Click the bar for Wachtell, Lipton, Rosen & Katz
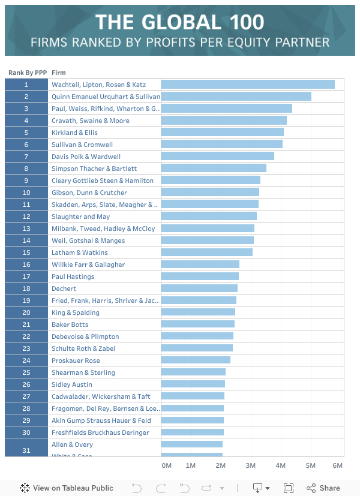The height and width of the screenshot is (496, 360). pyautogui.click(x=248, y=85)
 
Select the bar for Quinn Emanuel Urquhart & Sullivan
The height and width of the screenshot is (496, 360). pyautogui.click(x=236, y=97)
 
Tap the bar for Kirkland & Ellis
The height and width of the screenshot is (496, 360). pyautogui.click(x=222, y=133)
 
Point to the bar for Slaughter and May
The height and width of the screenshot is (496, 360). pyautogui.click(x=209, y=217)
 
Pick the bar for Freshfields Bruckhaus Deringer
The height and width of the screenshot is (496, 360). pyautogui.click(x=192, y=432)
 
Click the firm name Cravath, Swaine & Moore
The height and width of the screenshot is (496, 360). pyautogui.click(x=91, y=121)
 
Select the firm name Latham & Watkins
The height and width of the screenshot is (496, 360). pyautogui.click(x=80, y=252)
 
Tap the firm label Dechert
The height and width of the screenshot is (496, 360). pyautogui.click(x=64, y=288)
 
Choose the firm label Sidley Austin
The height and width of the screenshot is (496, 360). pyautogui.click(x=71, y=384)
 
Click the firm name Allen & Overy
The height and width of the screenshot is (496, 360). pyautogui.click(x=72, y=444)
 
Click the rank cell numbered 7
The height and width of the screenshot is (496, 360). pyautogui.click(x=26, y=157)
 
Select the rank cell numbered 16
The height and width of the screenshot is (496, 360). pyautogui.click(x=26, y=264)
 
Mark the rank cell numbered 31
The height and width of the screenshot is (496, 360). pyautogui.click(x=26, y=450)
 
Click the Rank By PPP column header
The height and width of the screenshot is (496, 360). pyautogui.click(x=28, y=73)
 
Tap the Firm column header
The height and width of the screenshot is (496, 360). pyautogui.click(x=59, y=73)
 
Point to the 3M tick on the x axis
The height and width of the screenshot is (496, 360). pyautogui.click(x=250, y=465)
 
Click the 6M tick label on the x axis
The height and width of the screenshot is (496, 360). pyautogui.click(x=338, y=465)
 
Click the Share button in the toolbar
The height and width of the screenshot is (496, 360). pyautogui.click(x=323, y=488)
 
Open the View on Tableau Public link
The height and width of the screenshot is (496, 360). pyautogui.click(x=60, y=488)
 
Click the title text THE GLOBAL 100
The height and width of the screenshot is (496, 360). pyautogui.click(x=180, y=22)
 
